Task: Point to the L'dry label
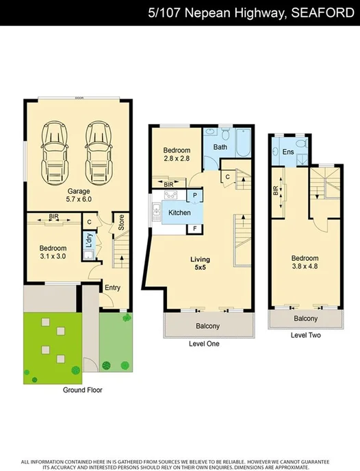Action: [x=88, y=241]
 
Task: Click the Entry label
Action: [x=112, y=288]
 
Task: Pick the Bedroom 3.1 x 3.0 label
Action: [x=52, y=252]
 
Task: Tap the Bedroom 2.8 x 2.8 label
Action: [x=177, y=154]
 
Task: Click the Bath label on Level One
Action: [x=220, y=147]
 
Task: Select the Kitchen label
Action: [x=179, y=213]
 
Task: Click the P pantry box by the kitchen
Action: [x=195, y=196]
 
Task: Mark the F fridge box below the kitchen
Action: [x=195, y=228]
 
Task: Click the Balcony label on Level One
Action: [x=208, y=327]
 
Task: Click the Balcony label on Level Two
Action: [x=305, y=319]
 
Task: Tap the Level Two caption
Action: [x=305, y=335]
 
